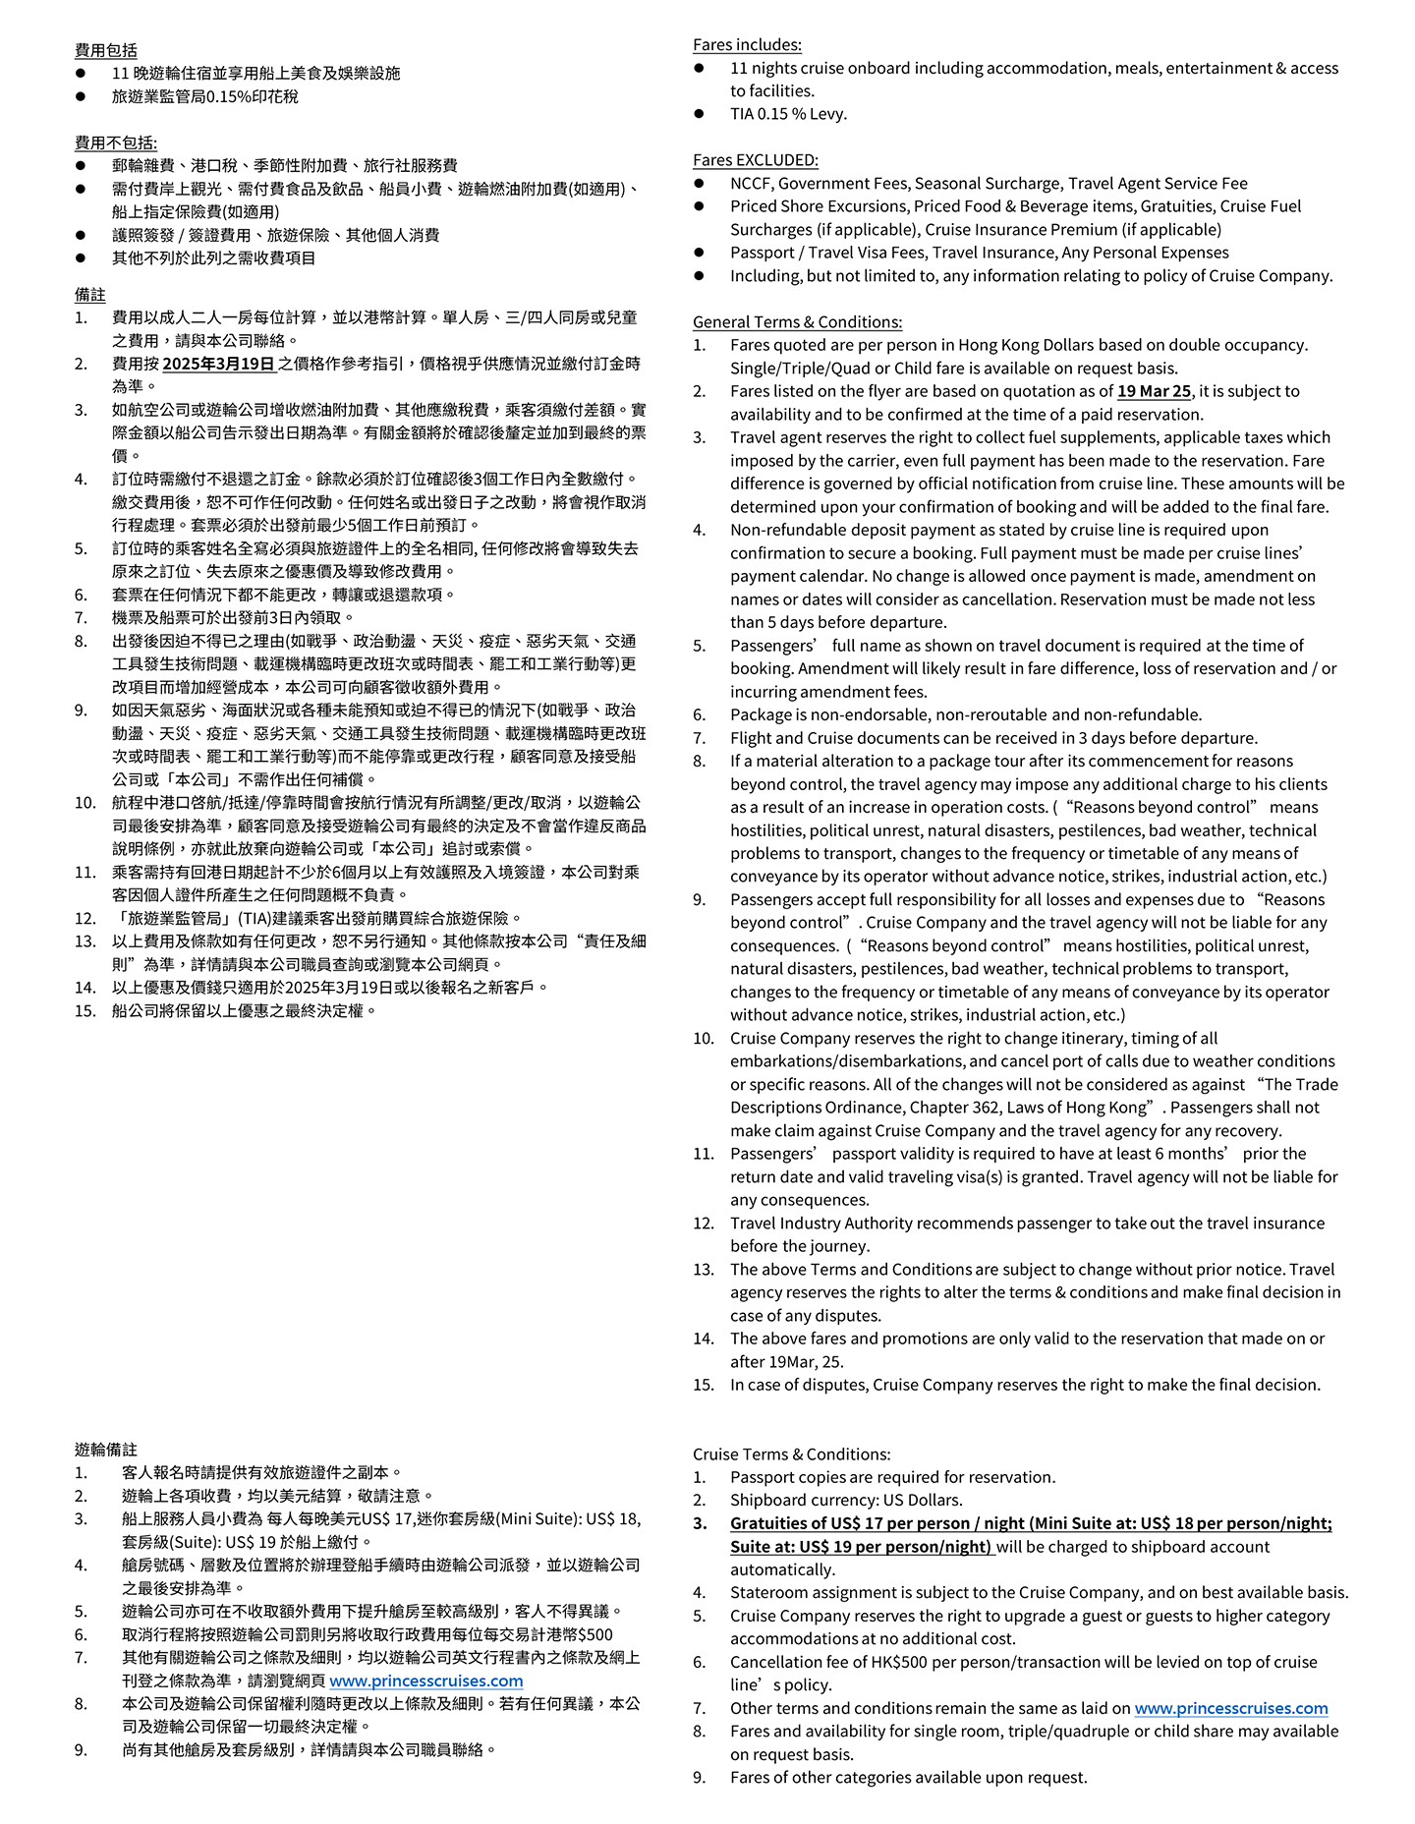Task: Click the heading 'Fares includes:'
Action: [x=747, y=44]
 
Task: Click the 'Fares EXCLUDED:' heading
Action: [x=755, y=160]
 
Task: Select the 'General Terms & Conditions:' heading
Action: [x=797, y=321]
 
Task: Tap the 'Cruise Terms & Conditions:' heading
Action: [x=791, y=1453]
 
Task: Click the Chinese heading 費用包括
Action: [x=105, y=50]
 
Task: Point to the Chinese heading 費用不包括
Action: [x=115, y=142]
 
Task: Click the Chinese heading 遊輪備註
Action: [x=105, y=1449]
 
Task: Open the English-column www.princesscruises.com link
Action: [x=1230, y=1708]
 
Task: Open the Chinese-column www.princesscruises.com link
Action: [x=425, y=1681]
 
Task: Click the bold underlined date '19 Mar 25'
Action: [x=1153, y=391]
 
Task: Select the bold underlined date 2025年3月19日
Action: [x=218, y=364]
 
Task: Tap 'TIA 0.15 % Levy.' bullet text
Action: [x=788, y=114]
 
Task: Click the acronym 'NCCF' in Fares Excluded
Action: [x=751, y=184]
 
